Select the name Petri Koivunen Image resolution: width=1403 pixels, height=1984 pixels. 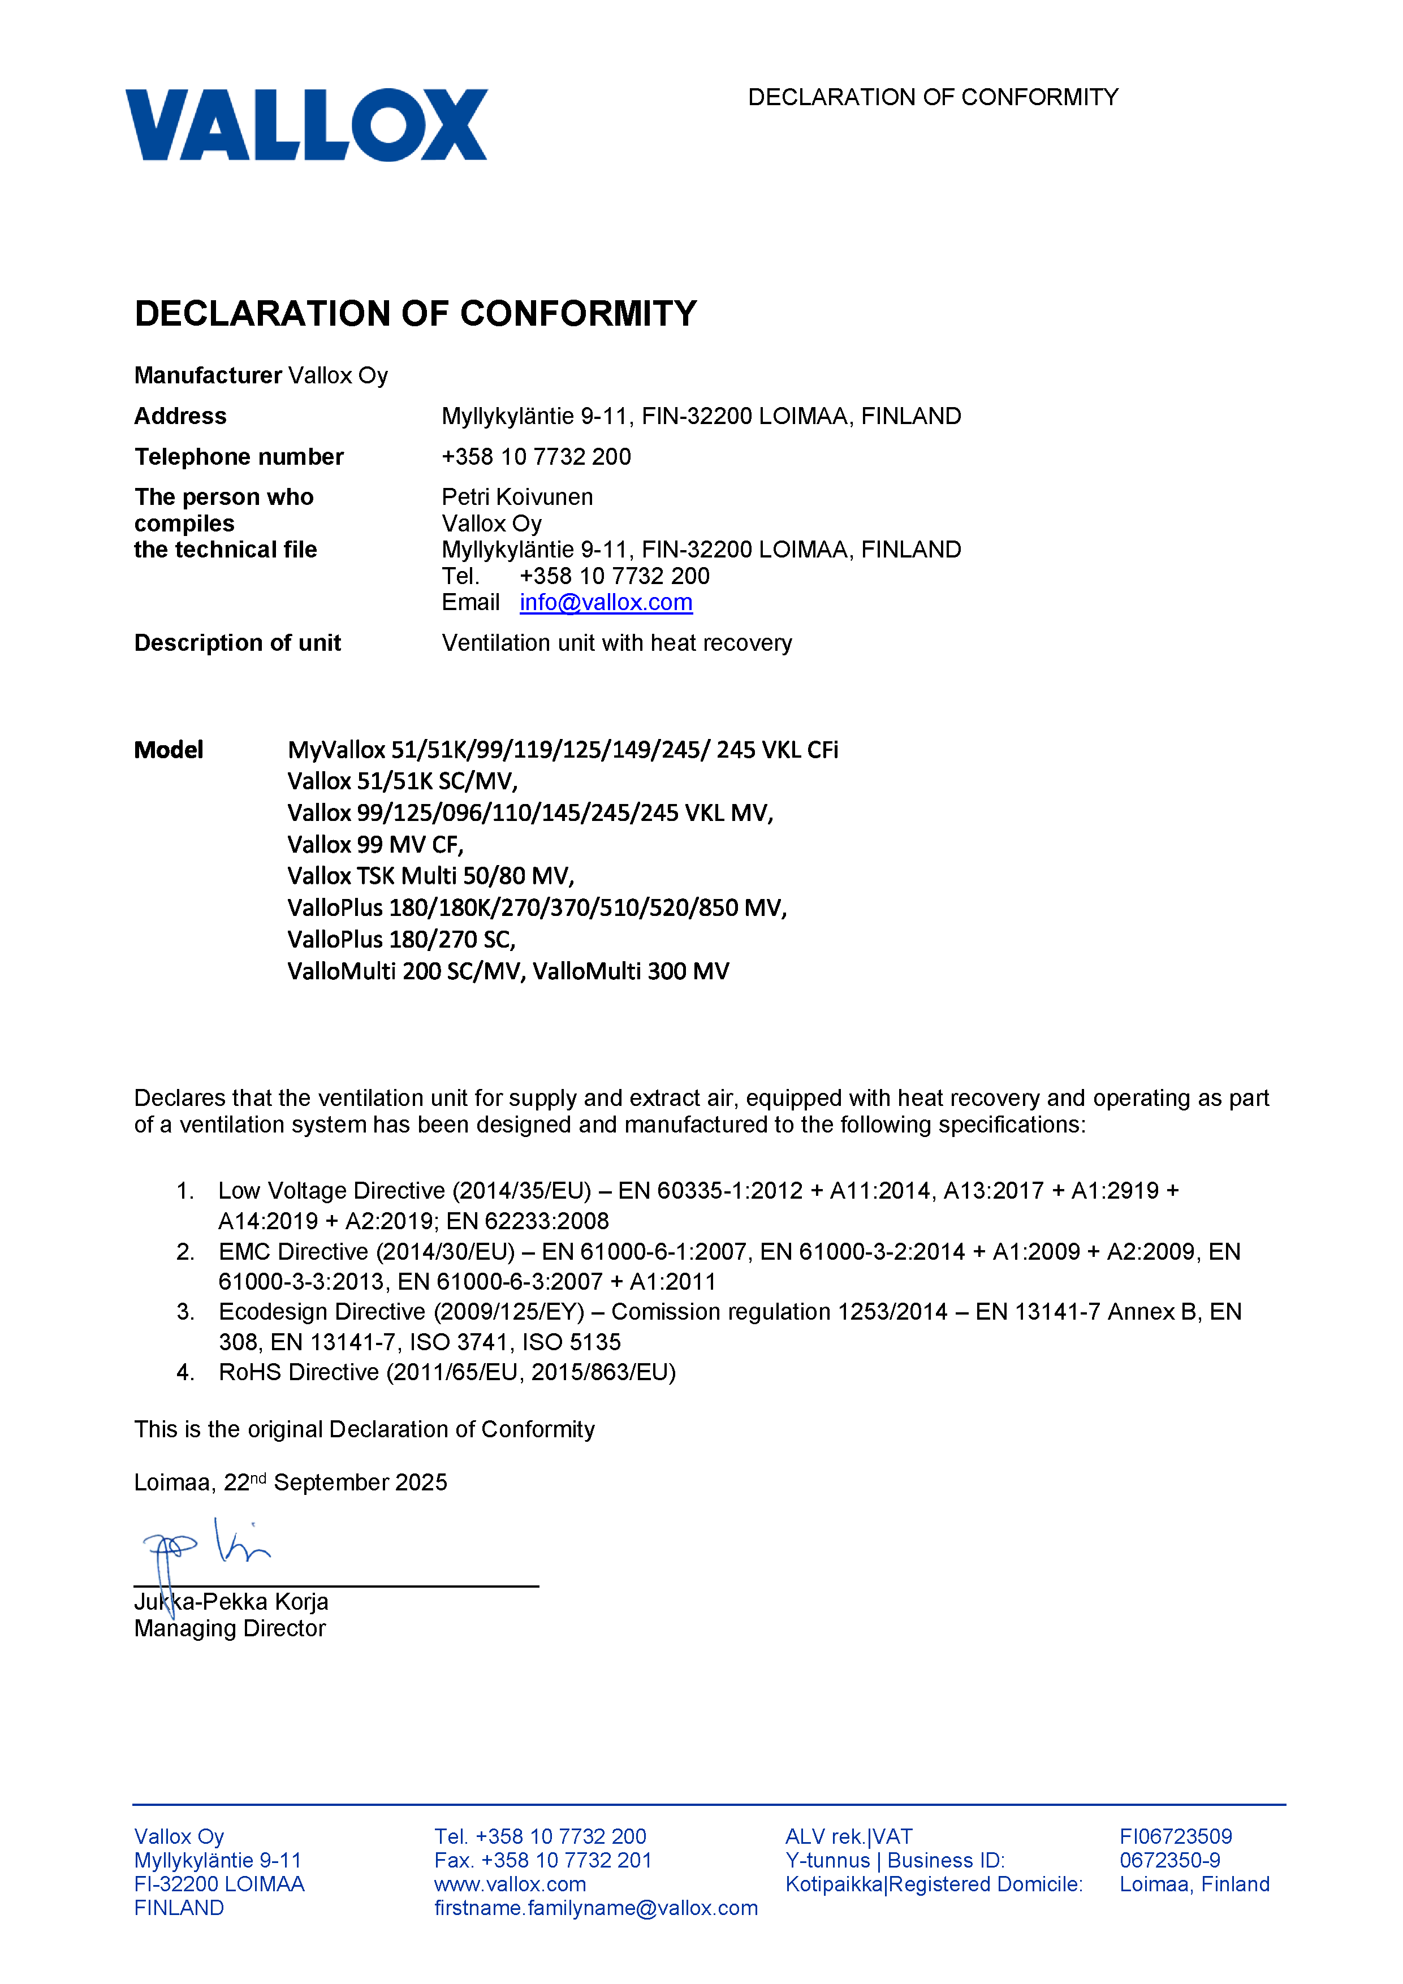tap(517, 497)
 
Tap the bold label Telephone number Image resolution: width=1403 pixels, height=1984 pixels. tap(239, 456)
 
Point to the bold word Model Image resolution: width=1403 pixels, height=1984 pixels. tap(169, 749)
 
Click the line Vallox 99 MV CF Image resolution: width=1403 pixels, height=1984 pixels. tap(375, 844)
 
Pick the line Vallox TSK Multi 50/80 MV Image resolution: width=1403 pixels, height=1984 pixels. tap(430, 876)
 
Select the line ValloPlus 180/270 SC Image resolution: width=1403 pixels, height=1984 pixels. tap(401, 939)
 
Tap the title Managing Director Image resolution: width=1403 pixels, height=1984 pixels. tap(230, 1628)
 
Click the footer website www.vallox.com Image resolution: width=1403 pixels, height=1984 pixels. tap(510, 1884)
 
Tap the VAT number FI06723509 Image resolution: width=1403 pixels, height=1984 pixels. tap(1176, 1836)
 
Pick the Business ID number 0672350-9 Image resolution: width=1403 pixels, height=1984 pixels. tap(1169, 1860)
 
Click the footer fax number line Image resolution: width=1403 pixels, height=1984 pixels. tap(543, 1860)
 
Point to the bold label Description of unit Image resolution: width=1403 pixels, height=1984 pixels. tap(238, 643)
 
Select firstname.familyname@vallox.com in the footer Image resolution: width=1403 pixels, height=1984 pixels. tap(595, 1908)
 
